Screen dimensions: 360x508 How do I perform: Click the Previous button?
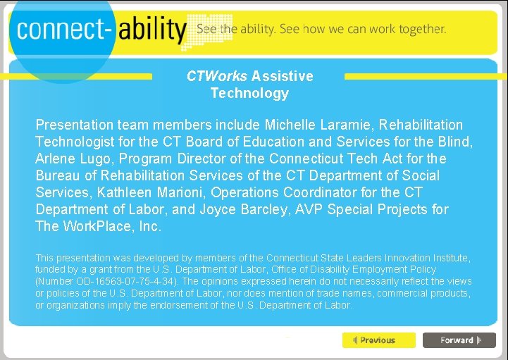[379, 340]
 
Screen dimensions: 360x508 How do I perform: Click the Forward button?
[459, 340]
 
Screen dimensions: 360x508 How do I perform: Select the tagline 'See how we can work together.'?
[363, 30]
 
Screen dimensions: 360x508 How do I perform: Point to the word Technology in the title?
[249, 93]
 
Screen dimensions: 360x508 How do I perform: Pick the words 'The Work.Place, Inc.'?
[98, 226]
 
